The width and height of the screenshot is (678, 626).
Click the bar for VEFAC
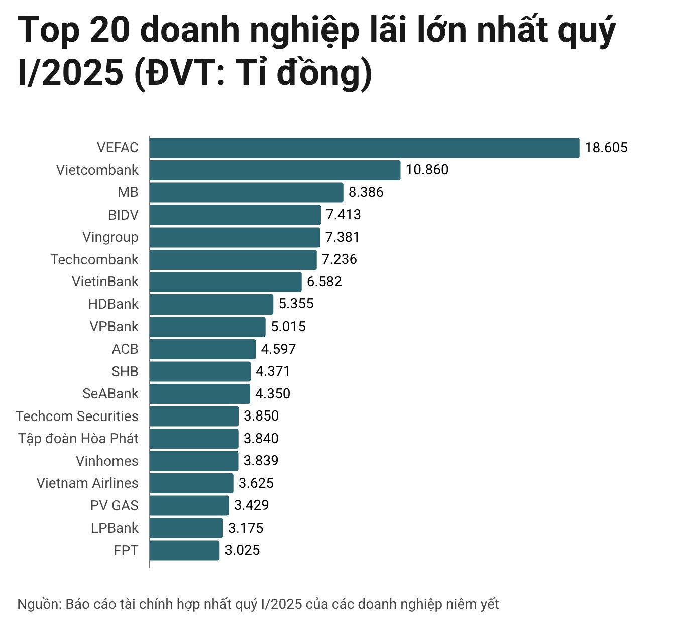(x=364, y=148)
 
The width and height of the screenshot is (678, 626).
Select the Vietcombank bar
(x=275, y=170)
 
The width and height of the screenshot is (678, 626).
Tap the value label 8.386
(x=366, y=192)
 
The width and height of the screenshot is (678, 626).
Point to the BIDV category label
(x=123, y=215)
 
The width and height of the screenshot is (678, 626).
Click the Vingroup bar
(x=235, y=237)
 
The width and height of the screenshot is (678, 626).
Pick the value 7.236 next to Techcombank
(x=340, y=259)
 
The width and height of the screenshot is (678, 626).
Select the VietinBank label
(x=105, y=282)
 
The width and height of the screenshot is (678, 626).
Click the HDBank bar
(x=211, y=304)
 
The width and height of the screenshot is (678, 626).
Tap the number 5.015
(x=288, y=327)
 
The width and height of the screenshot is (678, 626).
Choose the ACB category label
(x=125, y=349)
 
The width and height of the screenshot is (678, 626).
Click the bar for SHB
(x=199, y=371)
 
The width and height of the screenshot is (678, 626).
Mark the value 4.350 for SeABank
(x=273, y=394)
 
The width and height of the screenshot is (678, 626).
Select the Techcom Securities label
(x=77, y=416)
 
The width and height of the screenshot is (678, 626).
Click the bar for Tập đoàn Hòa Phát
(x=193, y=439)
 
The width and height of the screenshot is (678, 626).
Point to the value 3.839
(x=261, y=461)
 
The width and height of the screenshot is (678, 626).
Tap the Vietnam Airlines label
(x=87, y=483)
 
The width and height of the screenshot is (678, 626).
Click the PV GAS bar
(x=189, y=505)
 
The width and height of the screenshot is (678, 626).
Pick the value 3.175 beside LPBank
(x=246, y=528)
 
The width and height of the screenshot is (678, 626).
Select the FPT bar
(x=184, y=550)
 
